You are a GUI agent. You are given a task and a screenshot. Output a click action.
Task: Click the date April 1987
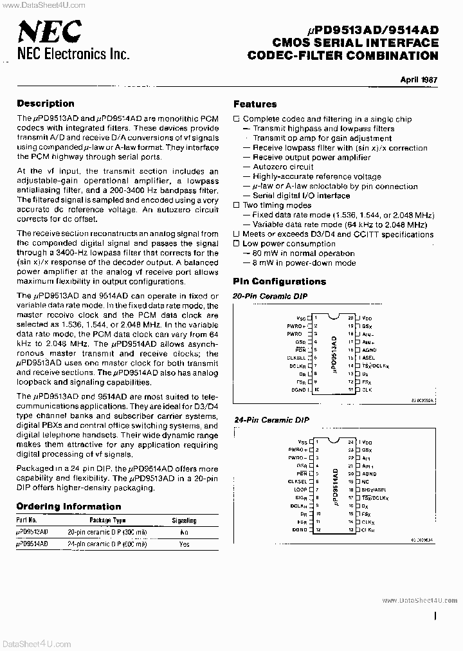[419, 80]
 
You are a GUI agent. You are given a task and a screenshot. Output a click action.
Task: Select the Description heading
[45, 103]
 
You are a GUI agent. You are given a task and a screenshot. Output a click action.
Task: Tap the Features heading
[255, 104]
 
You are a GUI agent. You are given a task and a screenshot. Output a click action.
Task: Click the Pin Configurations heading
[279, 281]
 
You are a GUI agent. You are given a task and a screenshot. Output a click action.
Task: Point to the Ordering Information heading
[68, 506]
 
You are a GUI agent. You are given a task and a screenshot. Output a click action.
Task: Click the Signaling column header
[184, 520]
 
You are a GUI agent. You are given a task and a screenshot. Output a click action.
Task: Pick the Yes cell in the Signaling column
[185, 544]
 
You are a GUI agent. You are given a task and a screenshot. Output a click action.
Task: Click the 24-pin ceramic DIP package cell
[107, 544]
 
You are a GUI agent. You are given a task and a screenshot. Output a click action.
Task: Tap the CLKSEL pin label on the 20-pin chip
[296, 358]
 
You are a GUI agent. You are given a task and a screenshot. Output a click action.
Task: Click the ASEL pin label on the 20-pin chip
[368, 358]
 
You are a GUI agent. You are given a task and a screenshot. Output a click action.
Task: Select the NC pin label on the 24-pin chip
[365, 481]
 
